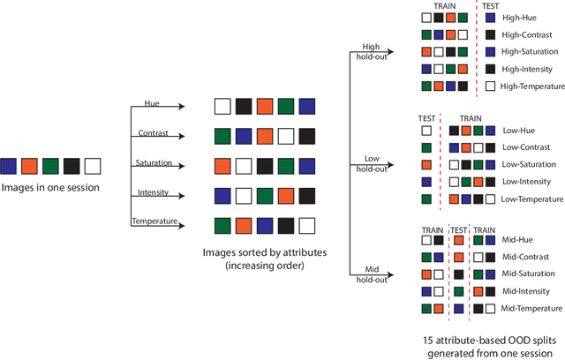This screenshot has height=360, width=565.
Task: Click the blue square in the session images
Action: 9,166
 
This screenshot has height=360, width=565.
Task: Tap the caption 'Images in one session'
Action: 49,186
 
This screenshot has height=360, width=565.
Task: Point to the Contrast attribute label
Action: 152,134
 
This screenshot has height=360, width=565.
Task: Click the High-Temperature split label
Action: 531,86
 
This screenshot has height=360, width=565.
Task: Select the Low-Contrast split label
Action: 524,147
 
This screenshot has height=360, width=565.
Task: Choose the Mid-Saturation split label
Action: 528,274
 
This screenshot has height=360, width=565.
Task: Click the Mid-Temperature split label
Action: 531,308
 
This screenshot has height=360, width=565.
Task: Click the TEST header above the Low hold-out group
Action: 427,117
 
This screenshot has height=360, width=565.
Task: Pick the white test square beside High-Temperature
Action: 491,86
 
